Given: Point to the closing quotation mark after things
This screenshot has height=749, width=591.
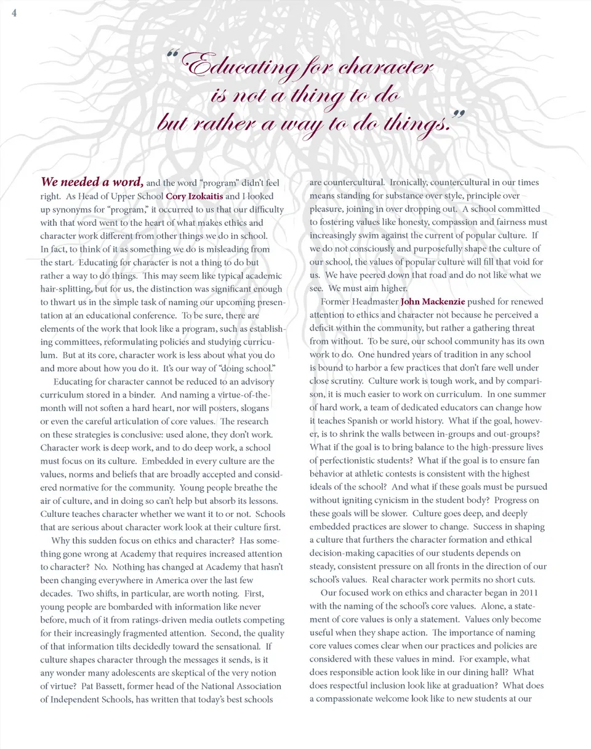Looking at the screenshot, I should click(457, 114).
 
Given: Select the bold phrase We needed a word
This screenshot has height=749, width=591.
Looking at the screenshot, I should click(92, 182).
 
